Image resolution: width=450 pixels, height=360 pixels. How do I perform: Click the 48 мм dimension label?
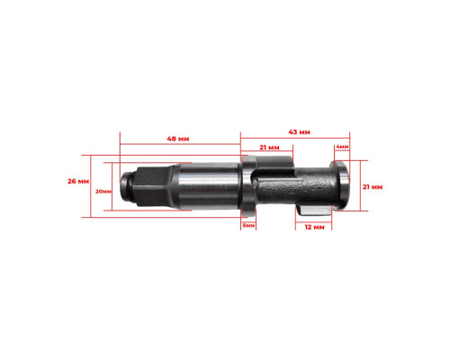[178, 139]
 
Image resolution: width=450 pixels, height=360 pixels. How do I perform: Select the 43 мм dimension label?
[299, 132]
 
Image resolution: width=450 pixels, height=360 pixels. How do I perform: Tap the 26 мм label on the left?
[78, 181]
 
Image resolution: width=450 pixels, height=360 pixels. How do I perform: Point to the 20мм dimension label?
[103, 192]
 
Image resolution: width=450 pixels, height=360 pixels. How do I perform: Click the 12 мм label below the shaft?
[314, 227]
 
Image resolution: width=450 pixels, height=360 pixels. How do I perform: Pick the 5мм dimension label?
[248, 225]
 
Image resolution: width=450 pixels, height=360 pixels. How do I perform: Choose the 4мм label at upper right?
[342, 147]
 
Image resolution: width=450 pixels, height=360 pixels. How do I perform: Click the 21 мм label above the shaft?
[269, 148]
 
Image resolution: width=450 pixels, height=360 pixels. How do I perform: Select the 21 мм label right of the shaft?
[373, 187]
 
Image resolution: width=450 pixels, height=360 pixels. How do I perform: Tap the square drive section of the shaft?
[152, 186]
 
